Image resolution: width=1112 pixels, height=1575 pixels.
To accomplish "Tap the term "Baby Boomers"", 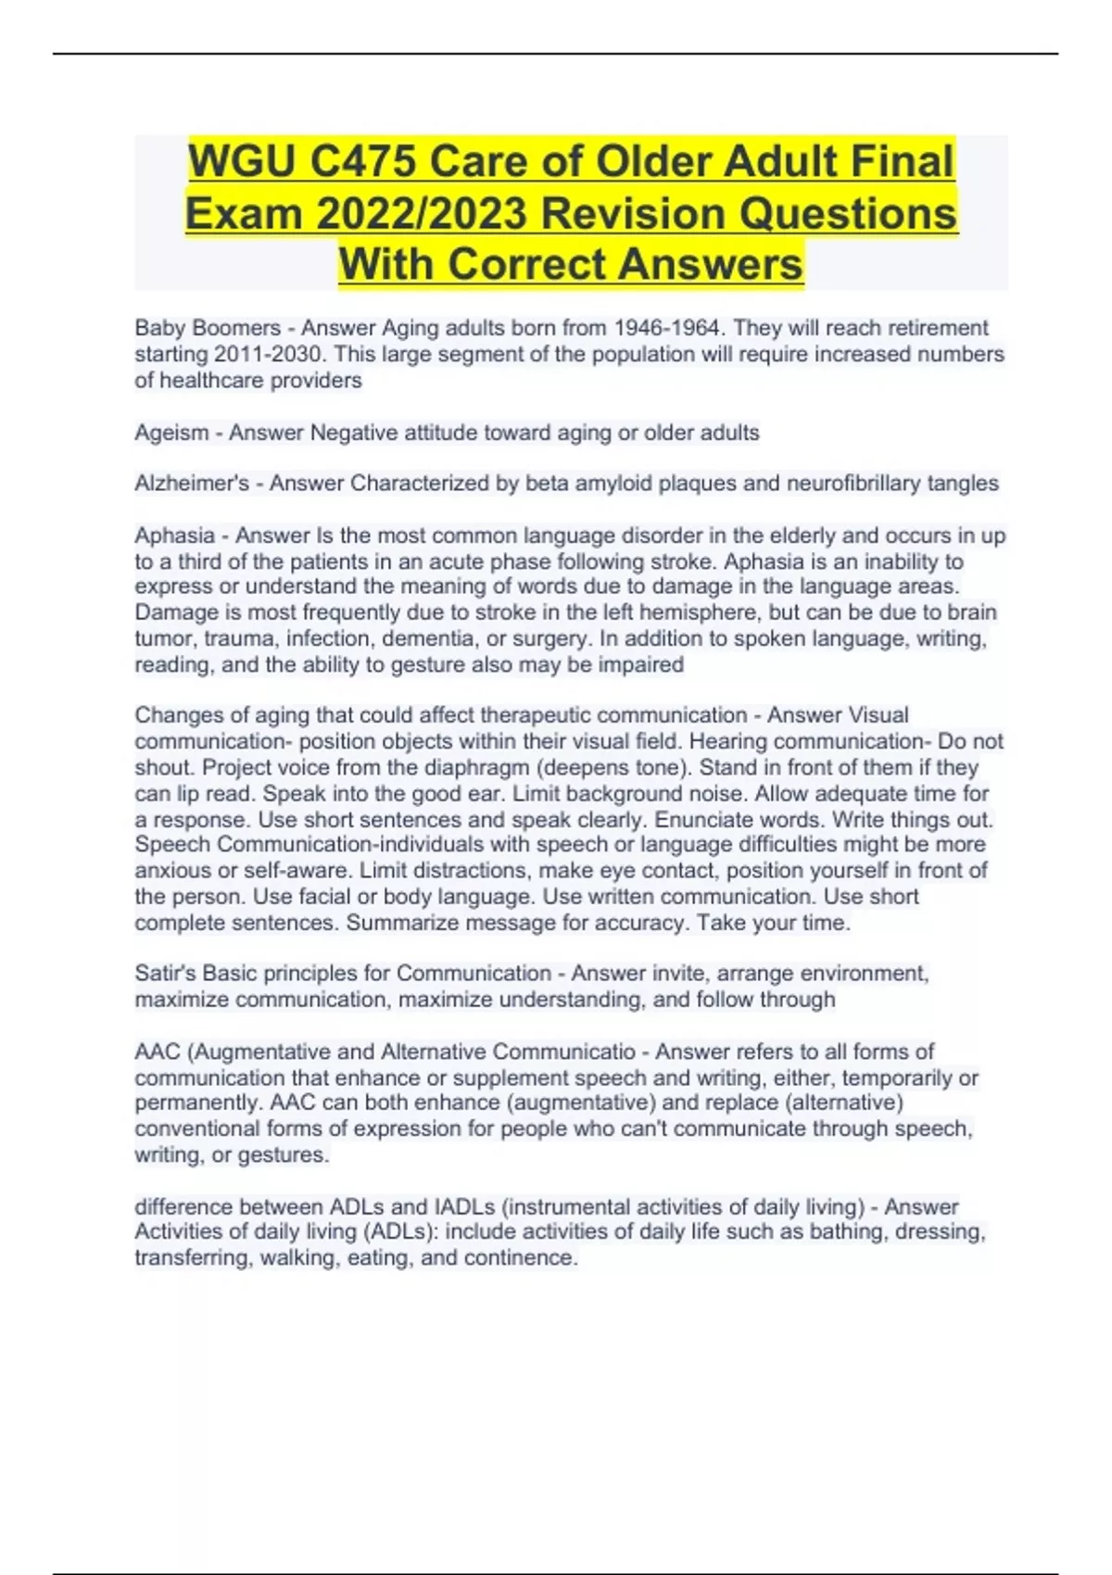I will tap(208, 328).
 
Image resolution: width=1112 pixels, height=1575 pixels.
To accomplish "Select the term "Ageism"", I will tap(171, 433).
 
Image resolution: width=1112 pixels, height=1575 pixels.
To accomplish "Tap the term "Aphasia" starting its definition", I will tap(174, 535).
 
